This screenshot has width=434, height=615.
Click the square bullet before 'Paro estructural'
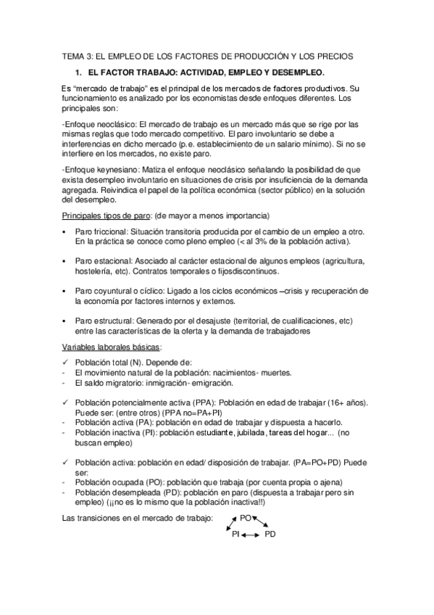point(65,321)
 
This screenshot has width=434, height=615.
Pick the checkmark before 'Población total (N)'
point(65,361)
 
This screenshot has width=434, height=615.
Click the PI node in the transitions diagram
point(235,534)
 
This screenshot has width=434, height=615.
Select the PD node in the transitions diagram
point(270,534)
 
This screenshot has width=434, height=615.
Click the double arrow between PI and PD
point(251,534)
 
